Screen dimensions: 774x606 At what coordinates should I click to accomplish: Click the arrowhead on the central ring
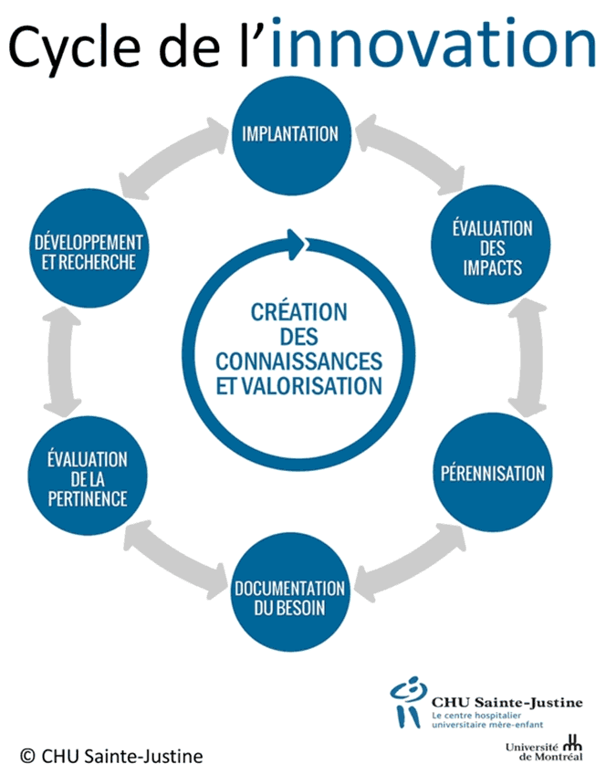click(296, 242)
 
